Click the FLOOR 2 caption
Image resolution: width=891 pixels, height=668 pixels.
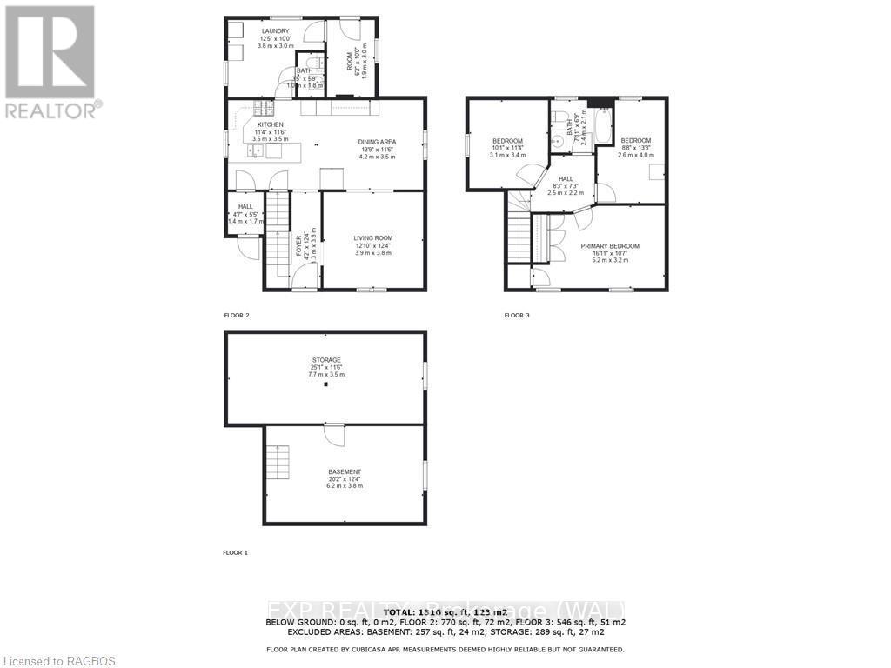pyautogui.click(x=237, y=315)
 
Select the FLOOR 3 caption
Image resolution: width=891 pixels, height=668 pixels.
pyautogui.click(x=517, y=315)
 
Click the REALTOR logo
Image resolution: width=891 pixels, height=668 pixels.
pyautogui.click(x=50, y=61)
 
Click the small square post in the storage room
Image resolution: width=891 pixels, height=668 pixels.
pyautogui.click(x=326, y=384)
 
